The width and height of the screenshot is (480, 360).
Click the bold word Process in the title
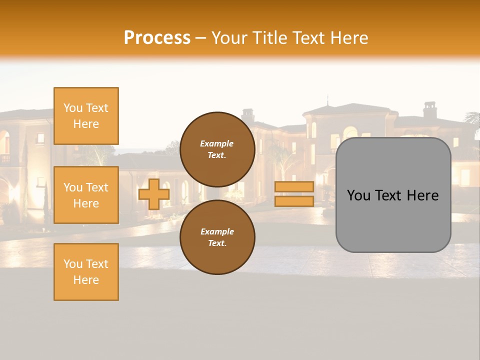[x=157, y=37]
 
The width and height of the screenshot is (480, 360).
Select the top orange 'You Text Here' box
[x=86, y=116]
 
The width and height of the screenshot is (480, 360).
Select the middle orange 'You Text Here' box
[x=86, y=195]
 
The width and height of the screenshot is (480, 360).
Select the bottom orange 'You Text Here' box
[x=86, y=271]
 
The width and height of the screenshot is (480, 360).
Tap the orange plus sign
[x=154, y=194]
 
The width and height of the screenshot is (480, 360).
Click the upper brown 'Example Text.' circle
[x=217, y=149]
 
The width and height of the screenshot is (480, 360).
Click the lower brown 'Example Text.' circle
[x=217, y=237]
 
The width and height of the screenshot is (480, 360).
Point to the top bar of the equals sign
[x=294, y=187]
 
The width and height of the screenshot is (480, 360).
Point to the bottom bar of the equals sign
[x=294, y=201]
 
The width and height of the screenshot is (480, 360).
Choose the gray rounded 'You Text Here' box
[x=393, y=220]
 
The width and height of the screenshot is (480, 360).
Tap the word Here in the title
[x=350, y=37]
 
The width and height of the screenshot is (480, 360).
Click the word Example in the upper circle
[x=217, y=143]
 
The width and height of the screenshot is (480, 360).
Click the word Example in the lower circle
[x=217, y=231]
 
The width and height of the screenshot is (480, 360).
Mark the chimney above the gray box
[x=430, y=110]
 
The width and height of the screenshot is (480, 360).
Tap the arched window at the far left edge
[x=4, y=142]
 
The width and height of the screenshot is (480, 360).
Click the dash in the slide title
[x=201, y=38]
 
